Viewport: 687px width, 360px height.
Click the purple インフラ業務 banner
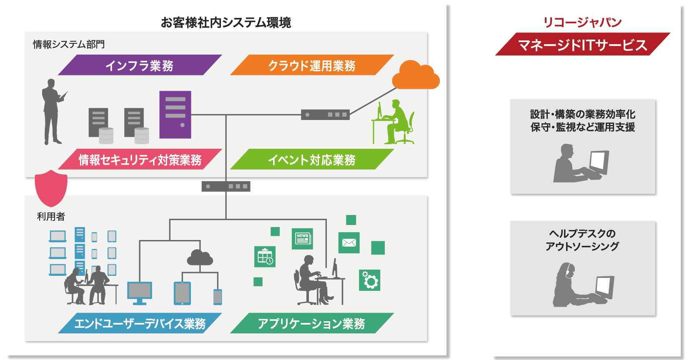tap(140, 65)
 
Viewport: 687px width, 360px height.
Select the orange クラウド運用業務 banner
tap(311, 65)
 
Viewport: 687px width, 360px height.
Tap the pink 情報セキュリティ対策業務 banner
tap(140, 160)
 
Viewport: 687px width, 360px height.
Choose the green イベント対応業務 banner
tap(311, 160)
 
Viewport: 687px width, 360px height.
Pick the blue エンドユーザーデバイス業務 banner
tap(140, 323)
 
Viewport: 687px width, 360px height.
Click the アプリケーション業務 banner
tap(311, 323)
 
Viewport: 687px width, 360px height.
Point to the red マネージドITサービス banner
tap(582, 45)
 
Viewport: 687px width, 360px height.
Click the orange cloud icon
tap(415, 76)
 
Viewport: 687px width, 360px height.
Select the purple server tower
tap(175, 115)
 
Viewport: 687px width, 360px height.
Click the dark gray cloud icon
tap(200, 258)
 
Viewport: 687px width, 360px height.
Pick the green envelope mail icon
tap(349, 242)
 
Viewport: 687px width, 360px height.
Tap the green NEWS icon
tap(302, 239)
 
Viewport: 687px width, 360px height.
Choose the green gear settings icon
tap(369, 280)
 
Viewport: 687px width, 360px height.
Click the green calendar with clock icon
tap(265, 256)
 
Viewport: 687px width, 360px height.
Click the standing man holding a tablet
tap(52, 112)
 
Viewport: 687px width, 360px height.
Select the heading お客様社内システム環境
tap(226, 22)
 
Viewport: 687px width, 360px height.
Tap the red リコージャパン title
tap(582, 22)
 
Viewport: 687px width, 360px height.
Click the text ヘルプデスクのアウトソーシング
tap(582, 240)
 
